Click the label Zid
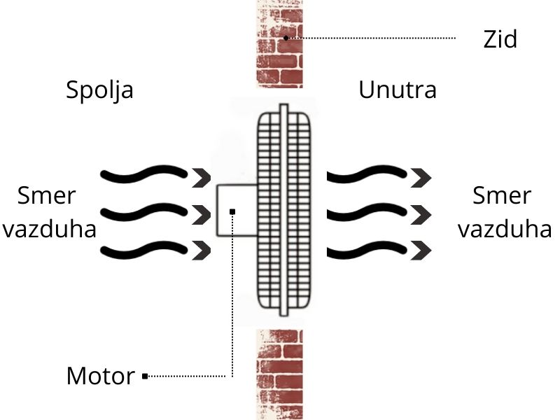pos(500,39)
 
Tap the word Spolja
pos(99,90)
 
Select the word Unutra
pos(398,90)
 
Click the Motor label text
pos(100,377)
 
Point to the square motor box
pos(237,210)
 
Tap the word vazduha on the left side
pos(48,229)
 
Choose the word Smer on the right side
pos(501,195)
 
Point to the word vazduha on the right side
pos(504,229)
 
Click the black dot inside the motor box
pos(232,211)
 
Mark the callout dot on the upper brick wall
pos(286,37)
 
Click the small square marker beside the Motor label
pos(145,377)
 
